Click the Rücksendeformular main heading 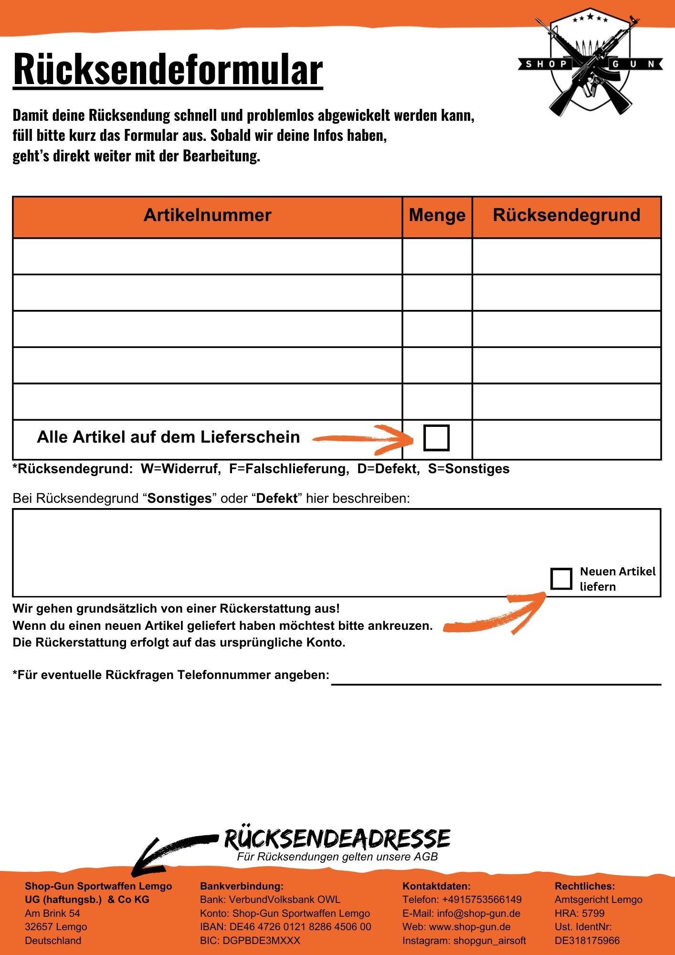168,70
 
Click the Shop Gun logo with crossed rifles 591,63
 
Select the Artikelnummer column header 207,215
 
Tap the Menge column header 437,215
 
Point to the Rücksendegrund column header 566,215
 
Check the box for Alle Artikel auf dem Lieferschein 436,437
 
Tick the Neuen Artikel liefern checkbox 561,579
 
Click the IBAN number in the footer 300,927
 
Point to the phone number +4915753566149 482,900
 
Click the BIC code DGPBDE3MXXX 262,941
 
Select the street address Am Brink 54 53,913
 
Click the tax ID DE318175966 587,941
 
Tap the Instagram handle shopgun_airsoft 489,941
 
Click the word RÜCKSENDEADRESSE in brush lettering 337,839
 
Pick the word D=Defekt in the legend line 389,469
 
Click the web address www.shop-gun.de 470,927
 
